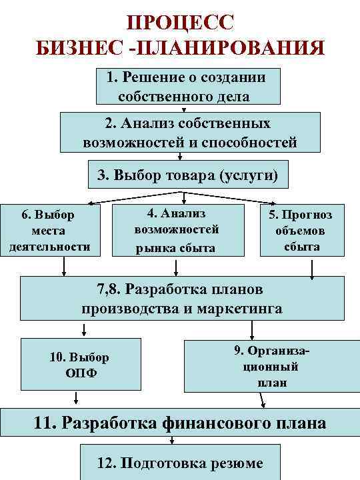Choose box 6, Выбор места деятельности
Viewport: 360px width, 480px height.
pyautogui.click(x=49, y=231)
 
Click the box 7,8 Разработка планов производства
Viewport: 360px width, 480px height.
pyautogui.click(x=181, y=299)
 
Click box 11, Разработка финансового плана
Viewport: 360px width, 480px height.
pyautogui.click(x=180, y=423)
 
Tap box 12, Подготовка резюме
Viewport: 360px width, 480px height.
pyautogui.click(x=181, y=463)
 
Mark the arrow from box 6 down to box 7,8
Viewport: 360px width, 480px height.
pyautogui.click(x=65, y=265)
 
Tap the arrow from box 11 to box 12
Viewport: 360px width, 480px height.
pyautogui.click(x=172, y=439)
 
